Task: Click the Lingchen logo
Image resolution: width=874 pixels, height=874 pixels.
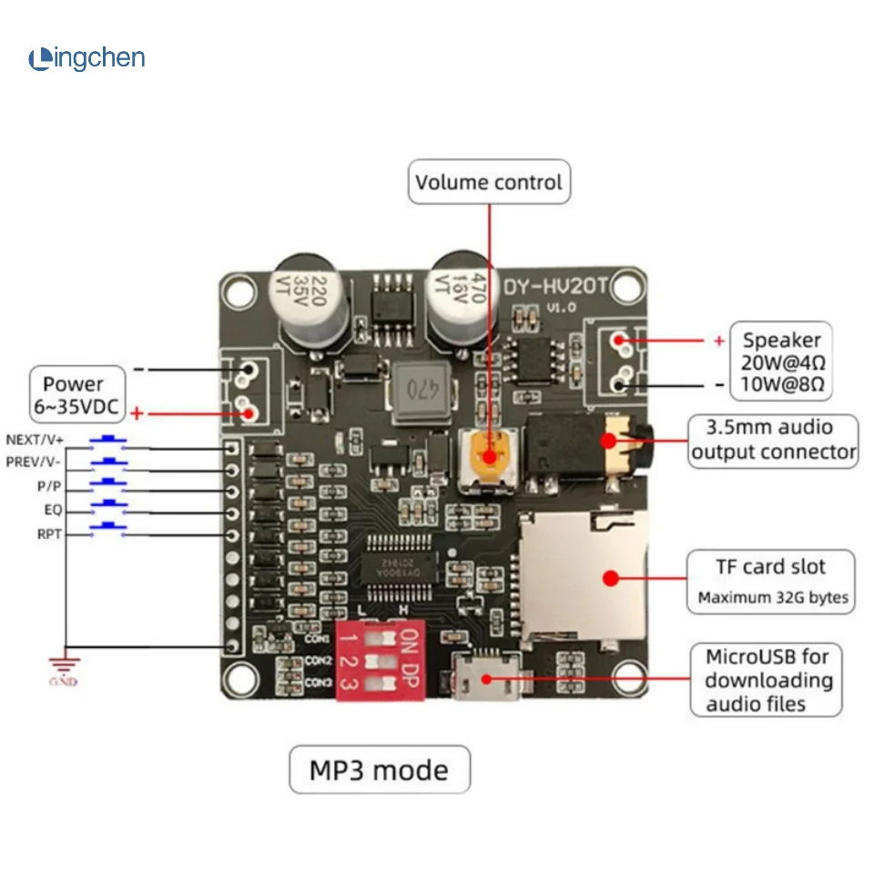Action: coord(86,59)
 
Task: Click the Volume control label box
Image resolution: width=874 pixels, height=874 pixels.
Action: coord(489,182)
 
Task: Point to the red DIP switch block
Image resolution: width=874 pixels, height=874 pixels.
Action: coord(381,661)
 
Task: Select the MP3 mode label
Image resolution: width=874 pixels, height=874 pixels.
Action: coord(380,770)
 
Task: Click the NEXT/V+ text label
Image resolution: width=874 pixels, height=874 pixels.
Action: coord(34,439)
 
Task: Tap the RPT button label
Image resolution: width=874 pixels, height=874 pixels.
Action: coord(49,534)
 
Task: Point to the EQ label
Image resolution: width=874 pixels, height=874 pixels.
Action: coord(52,510)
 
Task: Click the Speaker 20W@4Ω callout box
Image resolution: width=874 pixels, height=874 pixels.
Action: coord(781,361)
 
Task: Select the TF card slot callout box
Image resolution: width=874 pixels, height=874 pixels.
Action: coord(771,581)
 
